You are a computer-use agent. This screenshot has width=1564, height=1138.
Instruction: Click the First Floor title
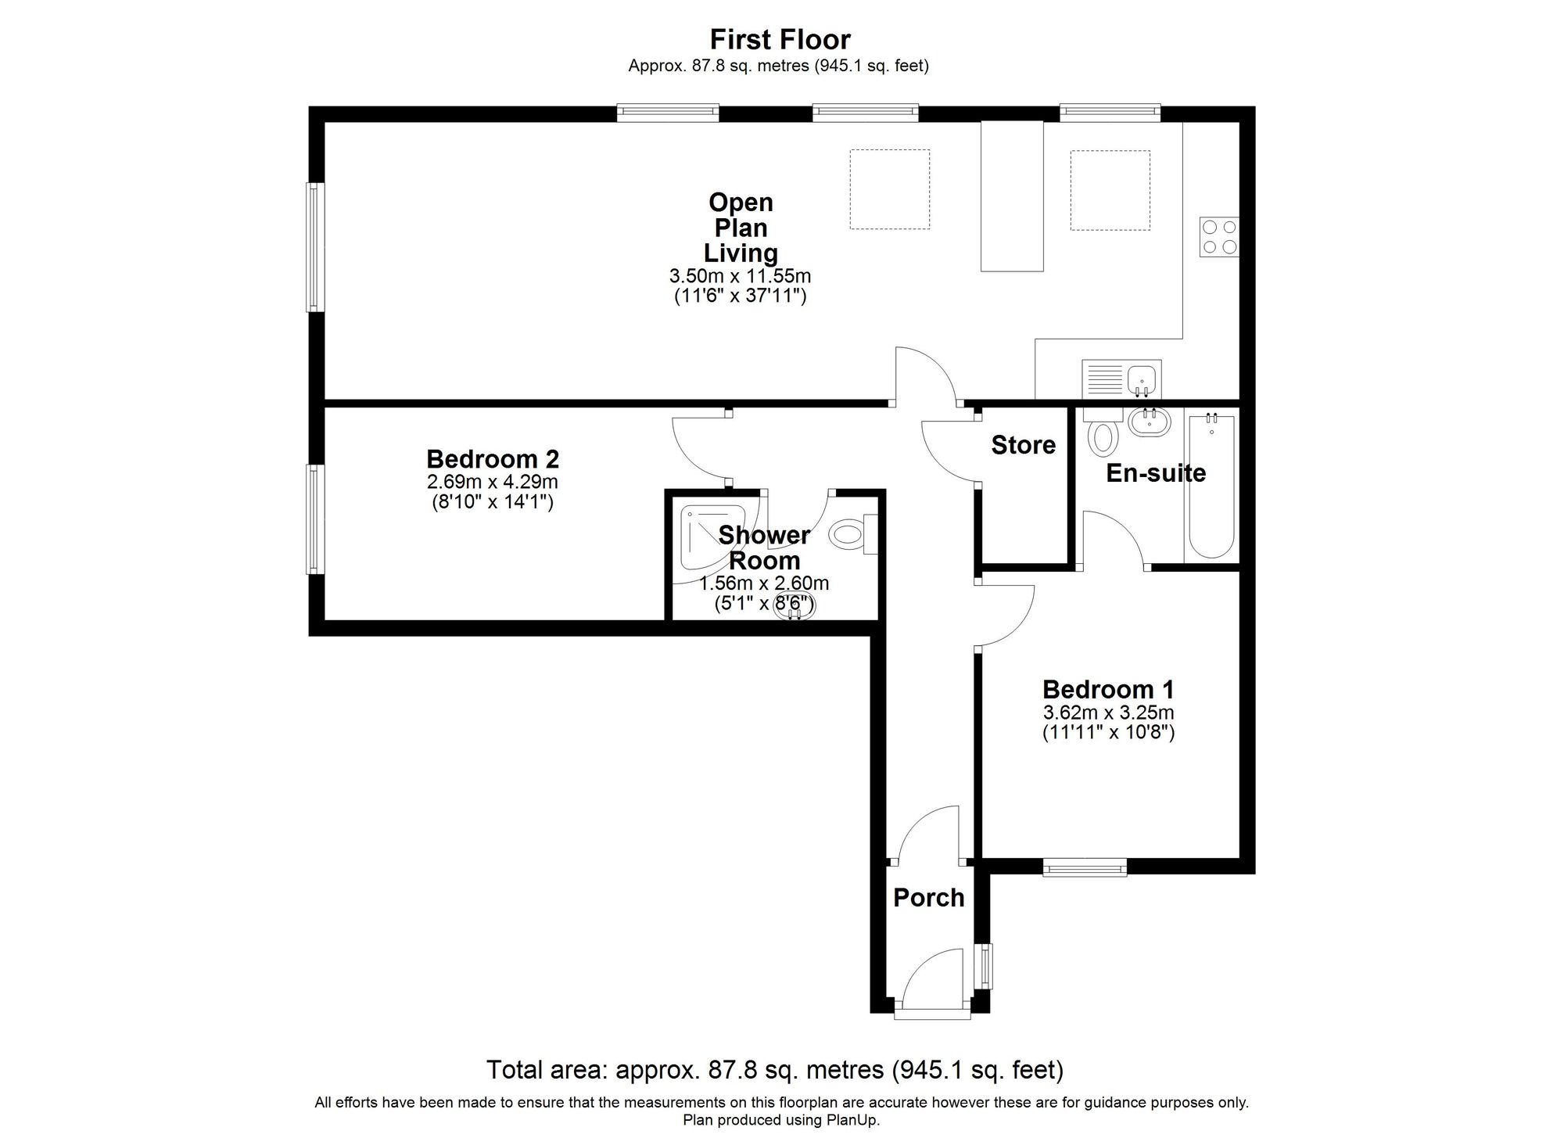point(780,39)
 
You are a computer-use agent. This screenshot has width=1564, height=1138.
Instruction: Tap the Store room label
point(1023,445)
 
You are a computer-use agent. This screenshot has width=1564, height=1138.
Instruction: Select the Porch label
point(928,897)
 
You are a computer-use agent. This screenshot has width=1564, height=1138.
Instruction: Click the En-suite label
point(1155,472)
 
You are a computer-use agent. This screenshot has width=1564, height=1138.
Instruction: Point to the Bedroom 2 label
point(493,458)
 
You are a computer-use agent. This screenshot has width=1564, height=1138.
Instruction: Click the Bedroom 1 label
point(1108,689)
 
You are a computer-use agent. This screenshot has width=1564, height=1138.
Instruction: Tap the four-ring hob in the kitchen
point(1219,237)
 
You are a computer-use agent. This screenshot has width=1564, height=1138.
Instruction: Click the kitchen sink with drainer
point(1121,379)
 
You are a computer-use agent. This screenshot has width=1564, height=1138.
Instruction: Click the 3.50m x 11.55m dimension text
point(740,276)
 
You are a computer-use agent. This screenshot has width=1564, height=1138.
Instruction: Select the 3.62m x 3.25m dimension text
point(1108,713)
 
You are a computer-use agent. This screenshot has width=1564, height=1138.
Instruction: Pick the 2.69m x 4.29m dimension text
point(493,482)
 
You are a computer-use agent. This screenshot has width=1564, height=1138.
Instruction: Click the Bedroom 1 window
point(1085,866)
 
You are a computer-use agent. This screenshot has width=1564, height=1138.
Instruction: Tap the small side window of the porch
point(986,966)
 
